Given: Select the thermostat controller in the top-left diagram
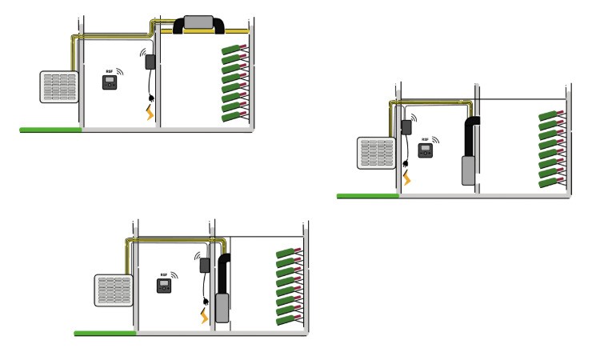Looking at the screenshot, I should click(110, 82).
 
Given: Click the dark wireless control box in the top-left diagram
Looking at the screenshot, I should click(150, 62).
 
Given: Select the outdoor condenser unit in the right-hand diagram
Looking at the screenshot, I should click(376, 154).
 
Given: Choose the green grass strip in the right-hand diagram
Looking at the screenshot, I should click(367, 195).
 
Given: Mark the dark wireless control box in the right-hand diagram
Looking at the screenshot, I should click(406, 126).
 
